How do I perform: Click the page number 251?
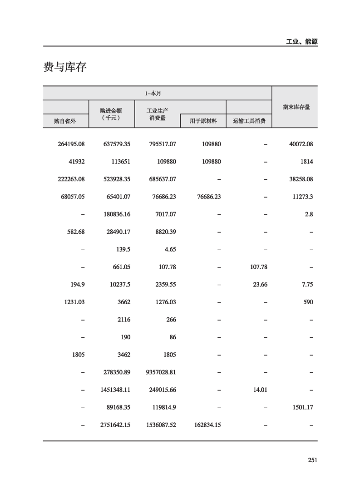312,460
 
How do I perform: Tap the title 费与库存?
65,68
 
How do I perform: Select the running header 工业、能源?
302,41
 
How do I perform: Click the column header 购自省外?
66,121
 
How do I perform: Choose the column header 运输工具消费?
249,121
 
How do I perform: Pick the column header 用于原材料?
203,121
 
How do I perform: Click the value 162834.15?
205,425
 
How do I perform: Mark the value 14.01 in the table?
258,390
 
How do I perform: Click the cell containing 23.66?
258,285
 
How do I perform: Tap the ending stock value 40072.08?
301,144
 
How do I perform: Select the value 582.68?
75,232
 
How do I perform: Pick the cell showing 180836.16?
117,214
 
